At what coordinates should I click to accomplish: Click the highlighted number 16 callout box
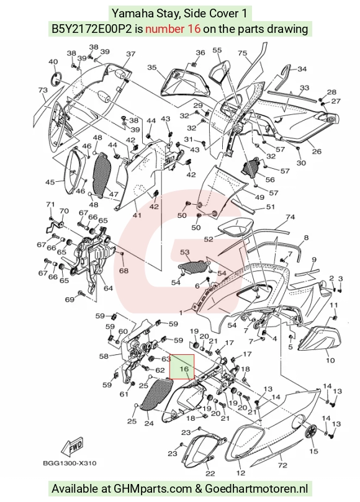pos(182,367)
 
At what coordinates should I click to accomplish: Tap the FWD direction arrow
pos(73,447)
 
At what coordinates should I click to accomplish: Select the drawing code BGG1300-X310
pos(70,463)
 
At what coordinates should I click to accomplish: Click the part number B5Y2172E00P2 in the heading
pos(92,29)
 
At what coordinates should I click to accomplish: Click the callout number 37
pos(131,54)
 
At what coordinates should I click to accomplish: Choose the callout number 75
pos(243,53)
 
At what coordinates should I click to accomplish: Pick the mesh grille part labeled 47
pos(102,175)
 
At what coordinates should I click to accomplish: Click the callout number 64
pos(108,288)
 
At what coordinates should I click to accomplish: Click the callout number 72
pos(283,465)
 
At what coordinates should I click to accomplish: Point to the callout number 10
pos(330,361)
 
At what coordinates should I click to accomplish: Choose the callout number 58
pos(104,356)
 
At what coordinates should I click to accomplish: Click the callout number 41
pos(137,215)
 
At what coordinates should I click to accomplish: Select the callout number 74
pos(290,217)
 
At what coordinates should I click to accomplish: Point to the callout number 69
pos(70,300)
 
